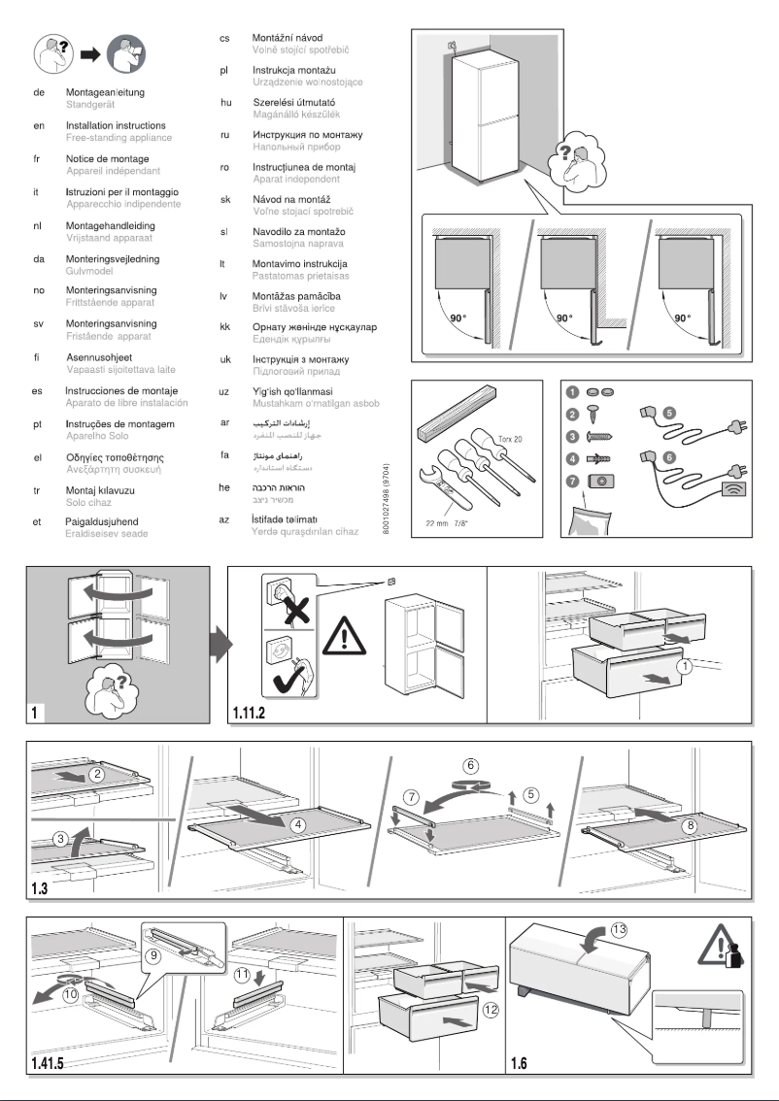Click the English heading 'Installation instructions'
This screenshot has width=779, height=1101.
(x=115, y=126)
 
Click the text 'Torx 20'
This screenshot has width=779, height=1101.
(x=512, y=439)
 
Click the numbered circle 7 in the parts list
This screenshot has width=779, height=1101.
(x=573, y=480)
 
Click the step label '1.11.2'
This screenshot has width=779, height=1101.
(x=255, y=714)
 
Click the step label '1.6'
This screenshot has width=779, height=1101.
(x=520, y=1061)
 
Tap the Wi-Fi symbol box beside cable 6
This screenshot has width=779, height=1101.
(x=733, y=490)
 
